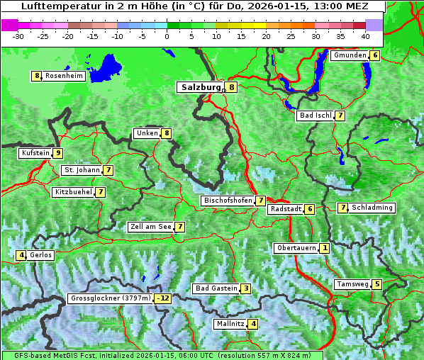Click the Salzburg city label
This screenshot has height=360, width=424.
pyautogui.click(x=201, y=87)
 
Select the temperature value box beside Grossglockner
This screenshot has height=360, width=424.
pyautogui.click(x=164, y=298)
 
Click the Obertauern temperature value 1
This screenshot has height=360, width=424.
pyautogui.click(x=324, y=248)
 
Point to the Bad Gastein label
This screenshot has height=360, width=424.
pyautogui.click(x=216, y=288)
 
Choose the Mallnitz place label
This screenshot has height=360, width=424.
pyautogui.click(x=230, y=324)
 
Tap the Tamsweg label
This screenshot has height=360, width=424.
pyautogui.click(x=352, y=284)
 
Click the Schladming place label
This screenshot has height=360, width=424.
pyautogui.click(x=372, y=208)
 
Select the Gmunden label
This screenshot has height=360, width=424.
pyautogui.click(x=350, y=55)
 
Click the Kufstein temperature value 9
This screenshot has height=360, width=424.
pyautogui.click(x=58, y=153)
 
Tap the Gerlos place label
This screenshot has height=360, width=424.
pyautogui.click(x=40, y=255)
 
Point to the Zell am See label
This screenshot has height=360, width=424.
pyautogui.click(x=151, y=227)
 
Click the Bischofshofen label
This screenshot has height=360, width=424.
pyautogui.click(x=228, y=201)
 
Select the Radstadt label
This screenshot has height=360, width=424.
pyautogui.click(x=285, y=209)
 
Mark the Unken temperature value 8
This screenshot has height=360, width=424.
pyautogui.click(x=167, y=133)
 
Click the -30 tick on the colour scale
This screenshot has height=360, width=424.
pyautogui.click(x=18, y=36)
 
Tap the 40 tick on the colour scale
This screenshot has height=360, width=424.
pyautogui.click(x=365, y=36)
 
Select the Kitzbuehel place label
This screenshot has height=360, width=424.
pyautogui.click(x=73, y=192)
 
